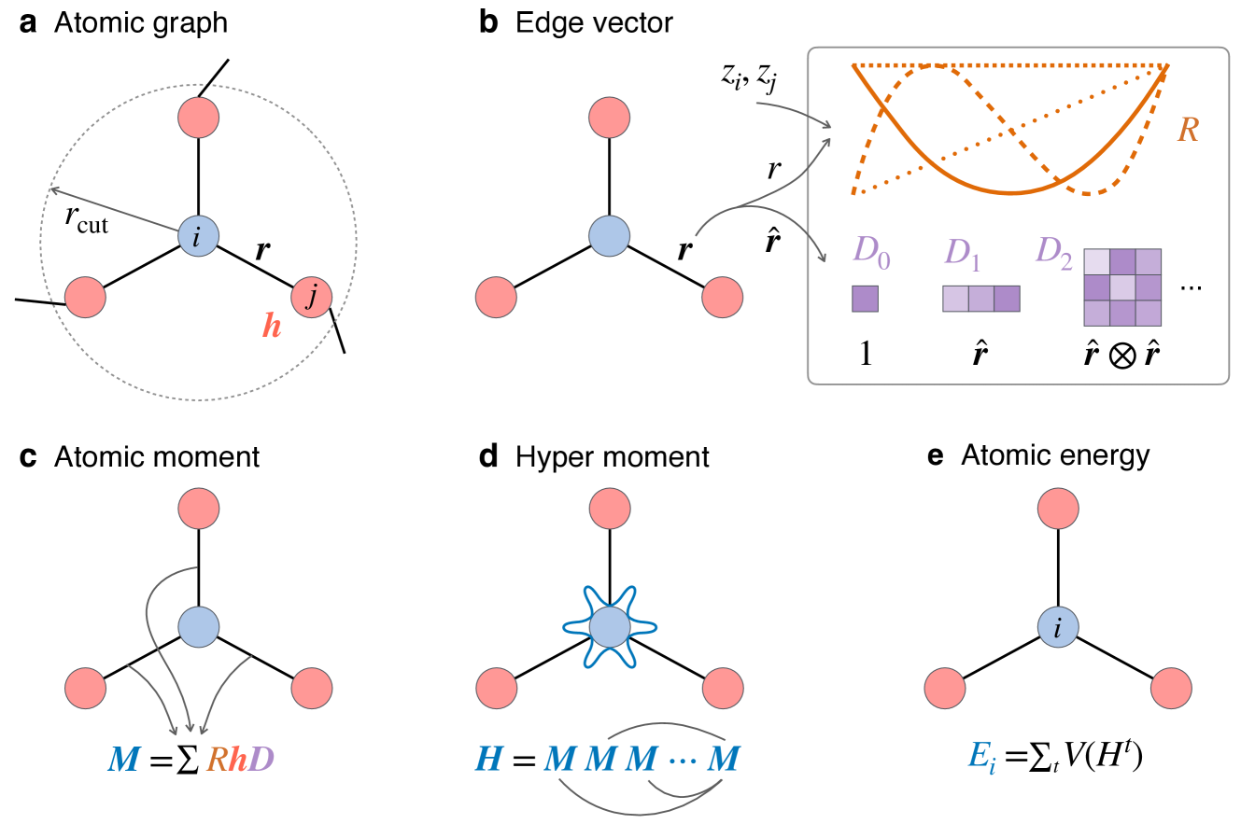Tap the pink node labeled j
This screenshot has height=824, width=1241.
pyautogui.click(x=311, y=298)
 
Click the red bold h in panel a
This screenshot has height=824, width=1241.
pyautogui.click(x=270, y=328)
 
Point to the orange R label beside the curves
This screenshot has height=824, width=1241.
pyautogui.click(x=1188, y=131)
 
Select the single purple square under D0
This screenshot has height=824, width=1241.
pyautogui.click(x=866, y=299)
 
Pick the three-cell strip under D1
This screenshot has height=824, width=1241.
pyautogui.click(x=980, y=299)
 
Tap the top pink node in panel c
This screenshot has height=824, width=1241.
pyautogui.click(x=198, y=508)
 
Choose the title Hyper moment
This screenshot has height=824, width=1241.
pyautogui.click(x=613, y=456)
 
